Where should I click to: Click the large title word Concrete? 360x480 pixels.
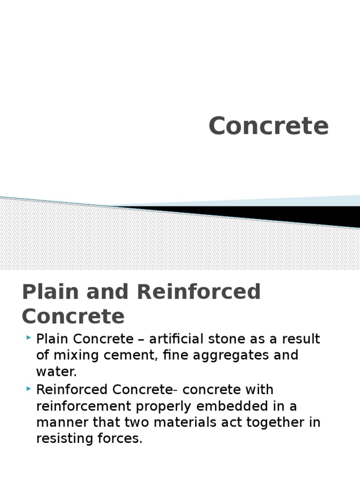click(269, 126)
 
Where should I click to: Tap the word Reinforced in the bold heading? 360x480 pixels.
click(199, 292)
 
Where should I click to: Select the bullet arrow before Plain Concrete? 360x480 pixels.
click(29, 337)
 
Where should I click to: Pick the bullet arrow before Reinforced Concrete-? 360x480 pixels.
click(29, 388)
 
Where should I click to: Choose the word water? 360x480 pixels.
click(55, 372)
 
